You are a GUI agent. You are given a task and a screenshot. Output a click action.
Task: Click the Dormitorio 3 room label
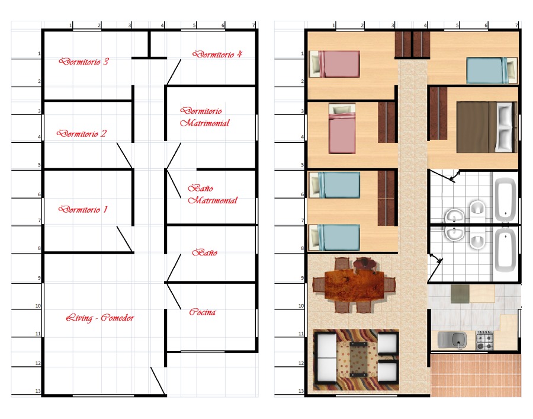pos(84,62)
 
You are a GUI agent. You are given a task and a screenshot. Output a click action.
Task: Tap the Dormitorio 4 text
pos(217,54)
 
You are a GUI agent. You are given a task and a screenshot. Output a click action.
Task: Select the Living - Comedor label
pos(100,318)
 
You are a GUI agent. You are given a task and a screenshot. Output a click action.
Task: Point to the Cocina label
pos(203,312)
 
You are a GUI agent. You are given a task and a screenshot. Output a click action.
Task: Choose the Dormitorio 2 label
pos(82,134)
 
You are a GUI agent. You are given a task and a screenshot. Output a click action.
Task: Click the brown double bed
pos(487,127)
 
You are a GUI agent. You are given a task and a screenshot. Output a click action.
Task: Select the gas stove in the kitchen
pos(485,340)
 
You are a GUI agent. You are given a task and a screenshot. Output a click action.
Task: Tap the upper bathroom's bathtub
pos(504,198)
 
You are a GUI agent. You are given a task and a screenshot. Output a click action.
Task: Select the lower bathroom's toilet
pos(477,241)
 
